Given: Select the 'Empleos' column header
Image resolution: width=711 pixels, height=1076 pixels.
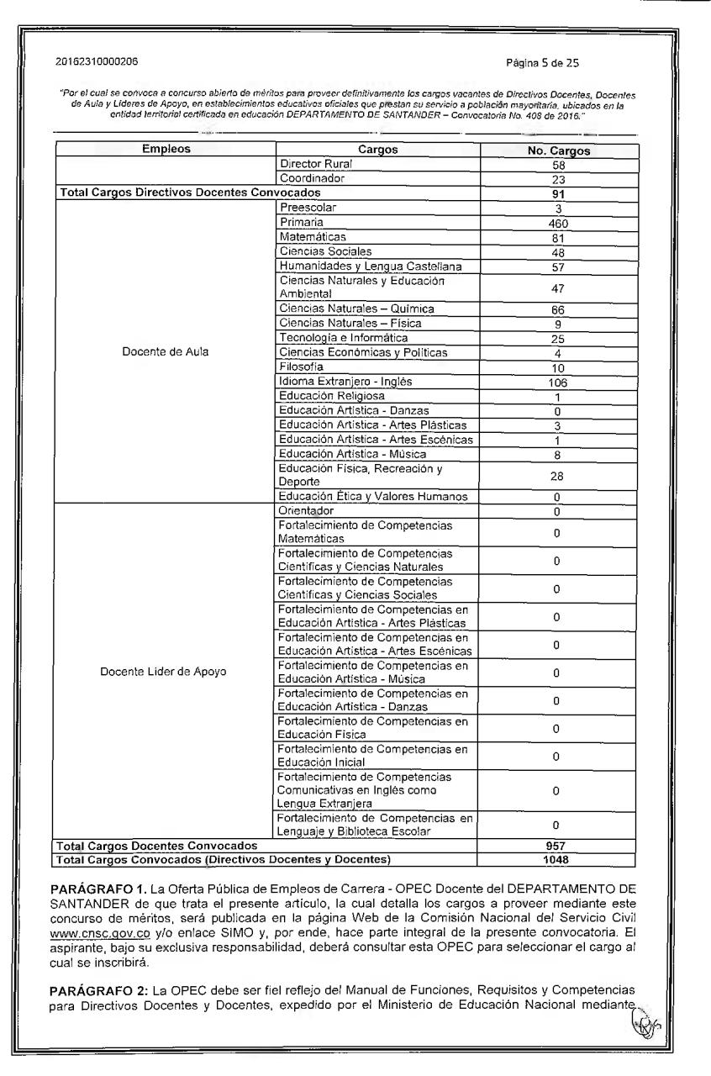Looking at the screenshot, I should click(x=166, y=150).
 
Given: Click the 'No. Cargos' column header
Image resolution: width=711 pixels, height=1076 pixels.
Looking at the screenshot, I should click(x=556, y=151).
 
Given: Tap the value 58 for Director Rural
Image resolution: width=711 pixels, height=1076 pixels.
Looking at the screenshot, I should click(x=557, y=166).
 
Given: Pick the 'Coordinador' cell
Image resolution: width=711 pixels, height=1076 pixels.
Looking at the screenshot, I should click(x=312, y=179).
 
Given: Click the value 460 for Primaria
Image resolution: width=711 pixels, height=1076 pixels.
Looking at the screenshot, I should click(x=557, y=224).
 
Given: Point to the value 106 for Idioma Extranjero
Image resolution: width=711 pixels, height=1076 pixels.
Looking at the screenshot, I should click(x=557, y=382).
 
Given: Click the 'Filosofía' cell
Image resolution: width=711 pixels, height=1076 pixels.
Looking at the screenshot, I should click(x=300, y=367).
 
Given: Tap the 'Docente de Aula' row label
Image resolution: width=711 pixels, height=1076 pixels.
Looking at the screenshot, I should click(x=166, y=352).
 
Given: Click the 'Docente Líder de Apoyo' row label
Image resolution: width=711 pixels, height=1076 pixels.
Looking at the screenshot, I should click(x=162, y=672).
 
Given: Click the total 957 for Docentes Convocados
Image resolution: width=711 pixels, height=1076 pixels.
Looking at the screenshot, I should click(x=556, y=846).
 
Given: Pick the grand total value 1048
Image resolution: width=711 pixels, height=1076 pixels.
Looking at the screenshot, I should click(x=556, y=859).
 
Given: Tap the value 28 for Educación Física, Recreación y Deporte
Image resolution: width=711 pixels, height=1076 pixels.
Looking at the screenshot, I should click(x=557, y=476).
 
